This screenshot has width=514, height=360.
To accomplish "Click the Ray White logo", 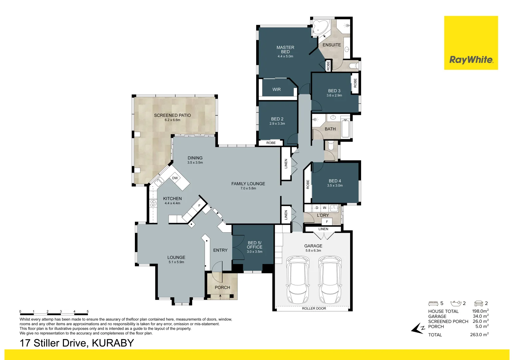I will tap(471, 60).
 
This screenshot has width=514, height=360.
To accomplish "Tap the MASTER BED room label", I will tap(285, 50).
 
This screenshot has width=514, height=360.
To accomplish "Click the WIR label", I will tap(276, 89).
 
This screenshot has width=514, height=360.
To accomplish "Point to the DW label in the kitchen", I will tap(175, 178).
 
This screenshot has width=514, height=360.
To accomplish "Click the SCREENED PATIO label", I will tap(172, 115).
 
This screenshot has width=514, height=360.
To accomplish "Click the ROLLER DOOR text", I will tap(314, 308).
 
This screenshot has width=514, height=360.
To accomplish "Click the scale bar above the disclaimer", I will tap(54, 314).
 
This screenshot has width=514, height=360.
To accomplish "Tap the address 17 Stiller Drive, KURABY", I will tap(77, 343).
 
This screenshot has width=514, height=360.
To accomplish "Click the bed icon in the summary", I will tap(433, 303).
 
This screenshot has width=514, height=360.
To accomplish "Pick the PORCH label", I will tap(222, 287).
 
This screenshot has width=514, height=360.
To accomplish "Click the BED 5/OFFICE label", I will tap(255, 245).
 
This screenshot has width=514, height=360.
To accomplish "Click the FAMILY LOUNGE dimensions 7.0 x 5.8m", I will tap(248, 188).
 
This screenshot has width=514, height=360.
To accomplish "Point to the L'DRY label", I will tap(323, 215).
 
